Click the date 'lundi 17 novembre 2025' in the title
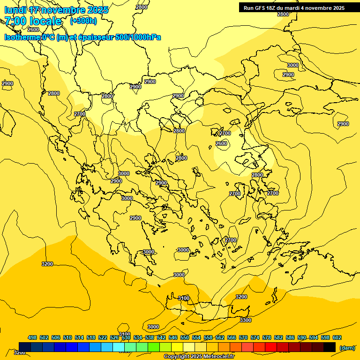coord(56,10)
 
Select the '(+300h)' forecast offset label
coord(83,21)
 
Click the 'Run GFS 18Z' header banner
coord(294,8)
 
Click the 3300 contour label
coord(245,320)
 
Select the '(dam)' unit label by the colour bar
coord(347,347)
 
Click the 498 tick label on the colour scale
coord(32,337)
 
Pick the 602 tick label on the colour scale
coord(337,337)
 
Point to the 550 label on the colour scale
coord(185,337)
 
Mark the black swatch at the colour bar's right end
coord(330,347)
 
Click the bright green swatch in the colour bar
coord(154,347)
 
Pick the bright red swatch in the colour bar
coord(271,347)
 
